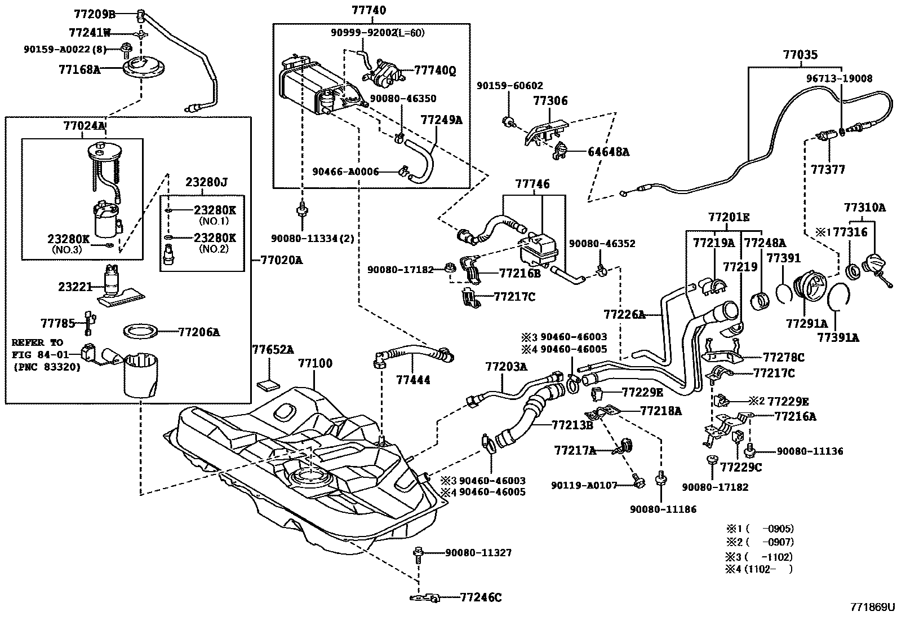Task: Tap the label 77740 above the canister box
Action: (x=369, y=10)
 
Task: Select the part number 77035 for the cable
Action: (x=801, y=55)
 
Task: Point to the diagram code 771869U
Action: (x=872, y=608)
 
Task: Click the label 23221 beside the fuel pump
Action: (x=75, y=287)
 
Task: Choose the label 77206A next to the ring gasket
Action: (x=199, y=332)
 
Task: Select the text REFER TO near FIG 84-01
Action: (x=37, y=342)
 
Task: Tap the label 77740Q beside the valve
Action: (x=435, y=71)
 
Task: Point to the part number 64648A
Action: (x=608, y=152)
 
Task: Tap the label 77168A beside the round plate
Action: (x=79, y=69)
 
